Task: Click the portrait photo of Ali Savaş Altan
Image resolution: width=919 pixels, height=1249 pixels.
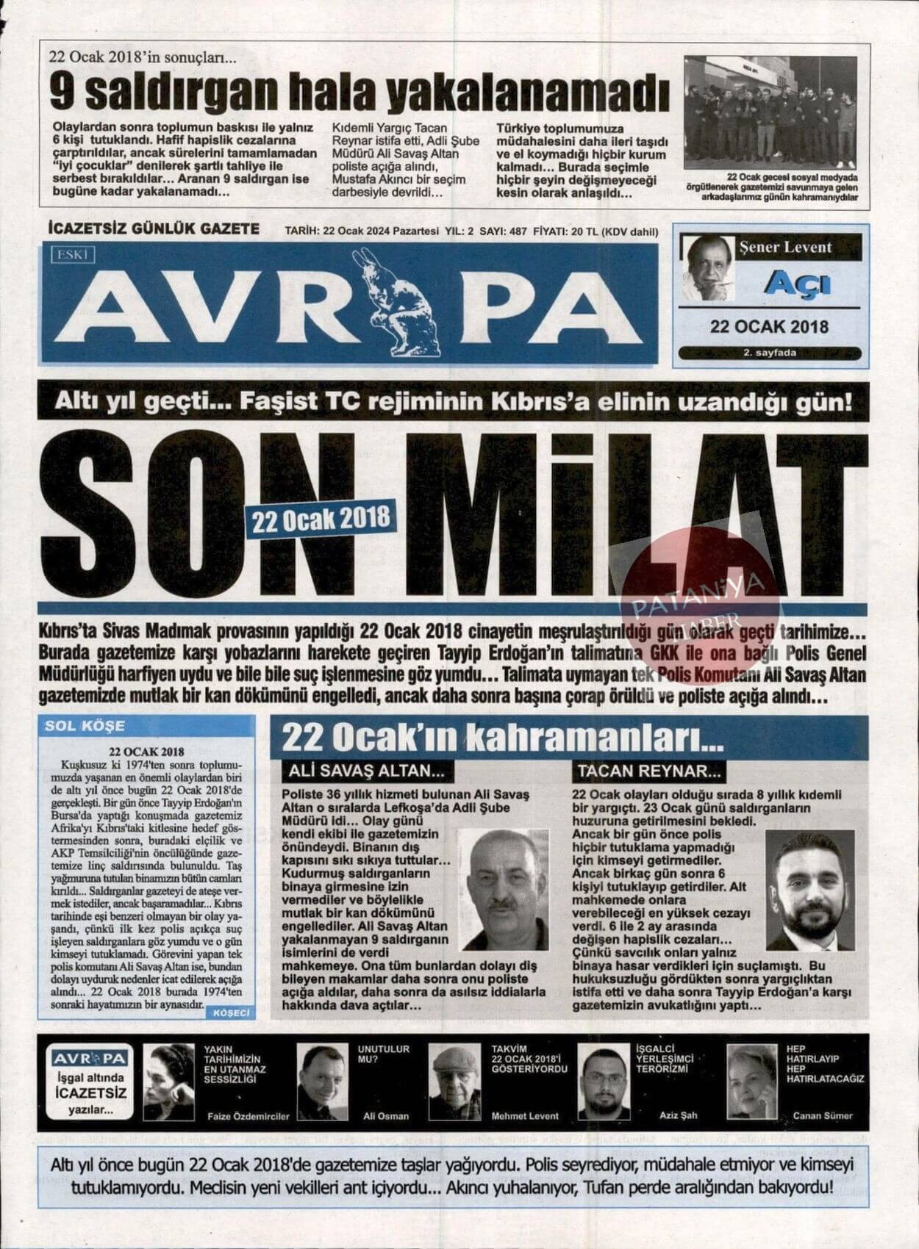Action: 504,889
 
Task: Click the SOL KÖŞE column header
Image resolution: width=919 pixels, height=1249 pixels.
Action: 85,726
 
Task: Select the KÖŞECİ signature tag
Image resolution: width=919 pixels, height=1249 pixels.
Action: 231,1012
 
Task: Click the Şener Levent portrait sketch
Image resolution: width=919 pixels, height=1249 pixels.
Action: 707,267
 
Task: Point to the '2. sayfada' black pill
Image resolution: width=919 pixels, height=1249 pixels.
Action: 769,353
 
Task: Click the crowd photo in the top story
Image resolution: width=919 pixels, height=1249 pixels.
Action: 770,112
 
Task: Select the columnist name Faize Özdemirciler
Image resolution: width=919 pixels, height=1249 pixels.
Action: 248,1116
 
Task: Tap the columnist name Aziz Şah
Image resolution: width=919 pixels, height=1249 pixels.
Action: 678,1115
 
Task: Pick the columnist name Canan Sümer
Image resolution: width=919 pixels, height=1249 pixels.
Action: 823,1115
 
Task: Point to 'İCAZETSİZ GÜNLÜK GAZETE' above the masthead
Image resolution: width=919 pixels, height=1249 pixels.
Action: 153,228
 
